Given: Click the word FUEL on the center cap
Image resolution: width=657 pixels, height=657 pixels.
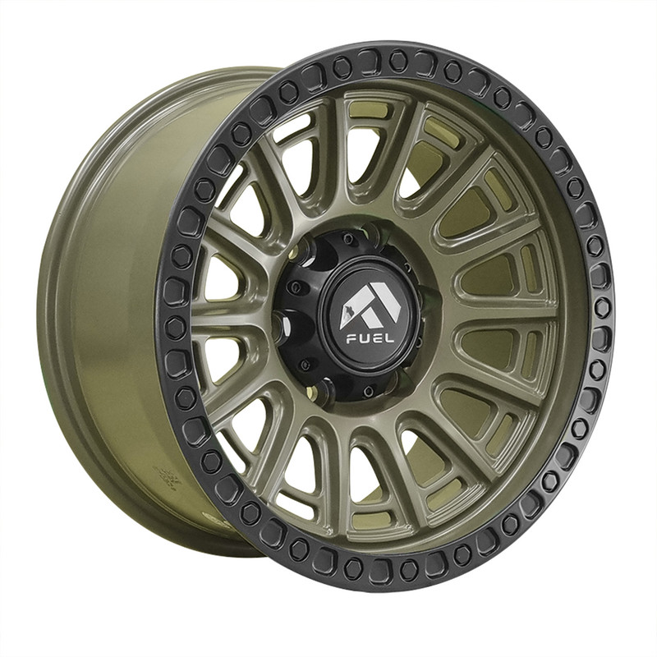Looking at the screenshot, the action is (x=370, y=338).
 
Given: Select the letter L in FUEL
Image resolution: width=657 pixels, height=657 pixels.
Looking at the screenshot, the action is (x=389, y=338).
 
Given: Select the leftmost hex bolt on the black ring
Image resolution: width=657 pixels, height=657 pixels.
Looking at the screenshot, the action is (x=172, y=324).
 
